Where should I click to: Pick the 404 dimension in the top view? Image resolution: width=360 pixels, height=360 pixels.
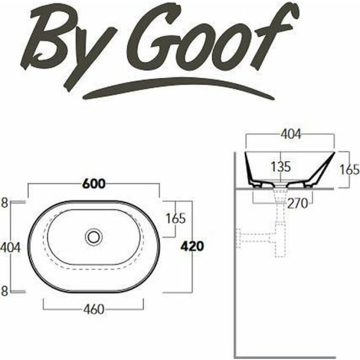click(x=10, y=247)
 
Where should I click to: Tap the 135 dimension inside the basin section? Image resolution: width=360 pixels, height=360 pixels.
click(x=281, y=166)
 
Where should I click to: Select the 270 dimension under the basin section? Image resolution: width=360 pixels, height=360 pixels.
click(x=298, y=203)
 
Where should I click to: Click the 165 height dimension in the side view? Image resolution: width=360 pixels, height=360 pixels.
click(x=349, y=169)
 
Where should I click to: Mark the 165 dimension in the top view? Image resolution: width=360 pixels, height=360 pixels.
click(x=175, y=218)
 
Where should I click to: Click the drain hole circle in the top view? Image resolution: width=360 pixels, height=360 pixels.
click(x=94, y=236)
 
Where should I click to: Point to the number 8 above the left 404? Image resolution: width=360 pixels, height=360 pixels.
click(x=5, y=203)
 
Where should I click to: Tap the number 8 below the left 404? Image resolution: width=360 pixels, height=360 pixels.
click(x=5, y=291)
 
